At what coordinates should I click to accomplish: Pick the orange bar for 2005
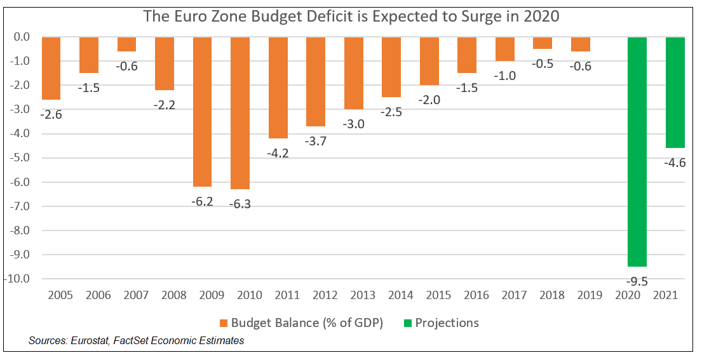(x=51, y=69)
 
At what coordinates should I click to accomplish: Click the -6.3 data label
(x=240, y=204)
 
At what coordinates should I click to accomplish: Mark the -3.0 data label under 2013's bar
(x=353, y=124)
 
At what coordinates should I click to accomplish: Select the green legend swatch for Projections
(x=407, y=323)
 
